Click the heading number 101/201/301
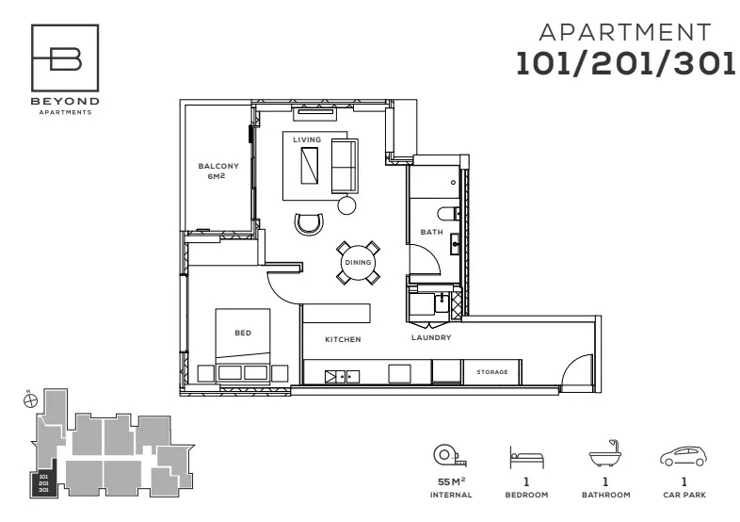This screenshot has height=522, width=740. pos(625,63)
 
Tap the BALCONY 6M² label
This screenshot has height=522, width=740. pos(217,170)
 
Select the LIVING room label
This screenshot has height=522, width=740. pos(306,139)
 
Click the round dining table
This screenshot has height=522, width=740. pos(359,263)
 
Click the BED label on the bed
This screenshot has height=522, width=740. pos(242,333)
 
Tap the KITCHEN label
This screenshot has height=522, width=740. pos(344,339)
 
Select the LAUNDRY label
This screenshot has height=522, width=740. pos(431,337)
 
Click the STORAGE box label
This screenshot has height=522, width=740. pos(491,372)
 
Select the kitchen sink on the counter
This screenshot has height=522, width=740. pos(342,377)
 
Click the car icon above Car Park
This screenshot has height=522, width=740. pos(683,458)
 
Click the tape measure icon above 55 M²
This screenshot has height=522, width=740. pos(445,457)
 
